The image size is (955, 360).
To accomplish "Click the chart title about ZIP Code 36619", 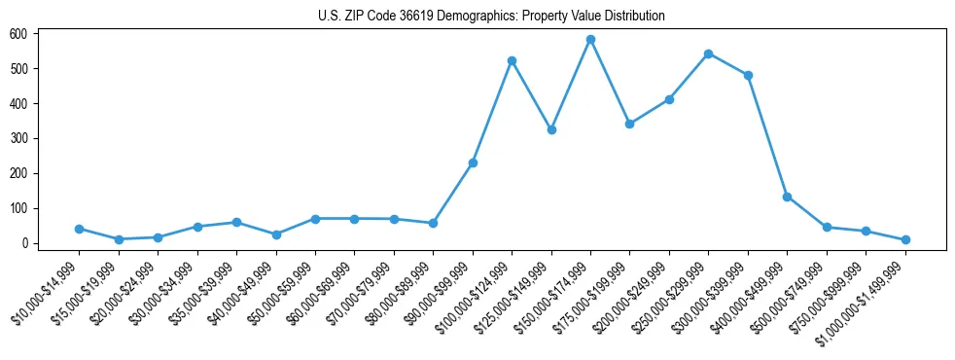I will pyautogui.click(x=491, y=16).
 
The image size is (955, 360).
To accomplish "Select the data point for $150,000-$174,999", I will pyautogui.click(x=590, y=40).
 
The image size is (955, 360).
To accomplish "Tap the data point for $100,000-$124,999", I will pyautogui.click(x=512, y=60).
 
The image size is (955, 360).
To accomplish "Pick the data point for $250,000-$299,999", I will pyautogui.click(x=708, y=54).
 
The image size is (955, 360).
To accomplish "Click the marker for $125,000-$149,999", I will pyautogui.click(x=551, y=129).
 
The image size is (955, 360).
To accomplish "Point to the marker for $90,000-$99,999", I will pyautogui.click(x=473, y=162).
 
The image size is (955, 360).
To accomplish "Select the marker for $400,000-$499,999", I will pyautogui.click(x=787, y=197).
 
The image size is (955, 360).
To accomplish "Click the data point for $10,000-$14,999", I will pyautogui.click(x=79, y=229).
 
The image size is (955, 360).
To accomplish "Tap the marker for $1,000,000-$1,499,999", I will pyautogui.click(x=905, y=239).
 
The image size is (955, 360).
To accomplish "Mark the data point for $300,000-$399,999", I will pyautogui.click(x=748, y=75).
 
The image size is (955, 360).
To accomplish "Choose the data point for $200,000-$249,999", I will pyautogui.click(x=669, y=99).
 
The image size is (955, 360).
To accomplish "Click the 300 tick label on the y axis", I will pyautogui.click(x=18, y=138).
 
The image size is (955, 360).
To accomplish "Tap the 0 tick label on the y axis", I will pyautogui.click(x=26, y=243).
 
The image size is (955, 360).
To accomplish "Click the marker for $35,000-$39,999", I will pyautogui.click(x=236, y=223).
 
